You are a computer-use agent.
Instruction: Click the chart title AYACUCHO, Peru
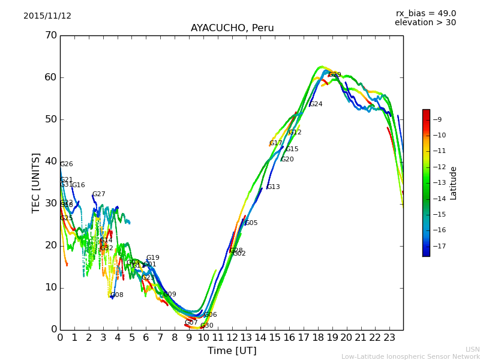tap(232, 28)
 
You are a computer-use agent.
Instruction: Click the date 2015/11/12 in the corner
tap(47, 16)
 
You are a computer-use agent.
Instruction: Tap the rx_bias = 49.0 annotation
tap(425, 14)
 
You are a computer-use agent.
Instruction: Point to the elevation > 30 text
tap(425, 23)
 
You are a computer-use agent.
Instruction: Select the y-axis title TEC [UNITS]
tap(36, 182)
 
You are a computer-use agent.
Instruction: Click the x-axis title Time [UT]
tap(232, 351)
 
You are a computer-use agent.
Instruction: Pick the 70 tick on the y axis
tap(50, 35)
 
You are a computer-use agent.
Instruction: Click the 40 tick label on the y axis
tap(50, 161)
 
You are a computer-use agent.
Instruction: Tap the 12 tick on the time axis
tap(232, 337)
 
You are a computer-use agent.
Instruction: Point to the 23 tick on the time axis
tap(389, 337)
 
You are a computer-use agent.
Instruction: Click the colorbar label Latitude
tap(453, 183)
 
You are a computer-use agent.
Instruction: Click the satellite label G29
tap(335, 75)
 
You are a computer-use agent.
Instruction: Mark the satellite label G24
tap(316, 104)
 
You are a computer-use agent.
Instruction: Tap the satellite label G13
tap(273, 187)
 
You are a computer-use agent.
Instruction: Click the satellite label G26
tap(66, 164)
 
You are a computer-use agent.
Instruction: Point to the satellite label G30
tap(206, 326)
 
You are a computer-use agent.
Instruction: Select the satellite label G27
tap(98, 194)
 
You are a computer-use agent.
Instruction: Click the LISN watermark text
tap(472, 349)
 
